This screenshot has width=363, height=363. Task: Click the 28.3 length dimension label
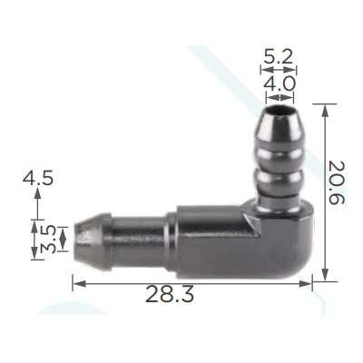pos(170,294)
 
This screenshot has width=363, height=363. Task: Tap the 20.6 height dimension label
pos(337,182)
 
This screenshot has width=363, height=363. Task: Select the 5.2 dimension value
pos(279,56)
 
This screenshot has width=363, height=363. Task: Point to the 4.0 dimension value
pos(279,83)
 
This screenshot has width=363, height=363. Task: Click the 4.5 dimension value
pos(38,178)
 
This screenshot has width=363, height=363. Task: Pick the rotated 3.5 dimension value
pos(48,240)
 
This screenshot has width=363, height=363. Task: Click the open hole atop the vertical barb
pos(279,110)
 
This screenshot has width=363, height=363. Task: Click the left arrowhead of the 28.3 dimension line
pos(79,283)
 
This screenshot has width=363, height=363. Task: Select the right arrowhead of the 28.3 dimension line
pos(305,283)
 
